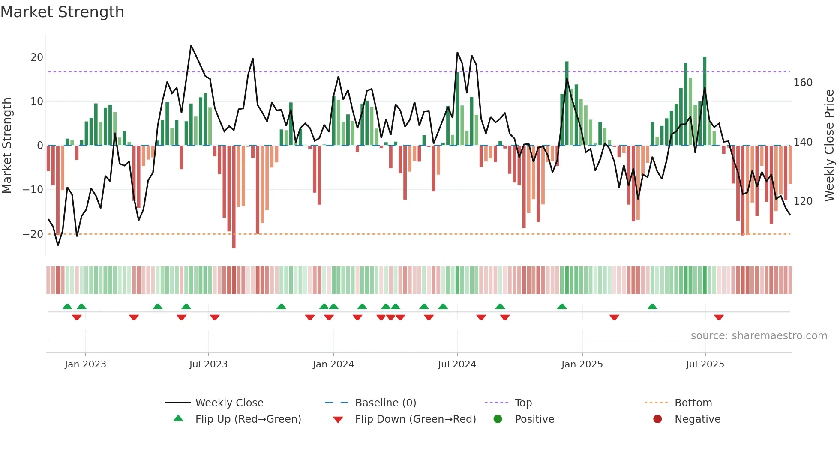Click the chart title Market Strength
click(62, 12)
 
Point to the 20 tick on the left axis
click(37, 57)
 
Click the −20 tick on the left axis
click(33, 234)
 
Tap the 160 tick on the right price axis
click(803, 83)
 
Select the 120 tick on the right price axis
click(803, 201)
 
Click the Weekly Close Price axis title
click(829, 146)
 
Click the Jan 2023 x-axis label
click(85, 364)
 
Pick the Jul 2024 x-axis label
click(457, 364)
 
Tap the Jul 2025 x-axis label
click(705, 364)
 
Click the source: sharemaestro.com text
click(759, 336)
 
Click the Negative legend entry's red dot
click(657, 419)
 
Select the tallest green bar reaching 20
click(705, 101)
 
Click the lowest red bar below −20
click(234, 197)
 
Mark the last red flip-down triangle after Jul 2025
click(719, 317)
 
